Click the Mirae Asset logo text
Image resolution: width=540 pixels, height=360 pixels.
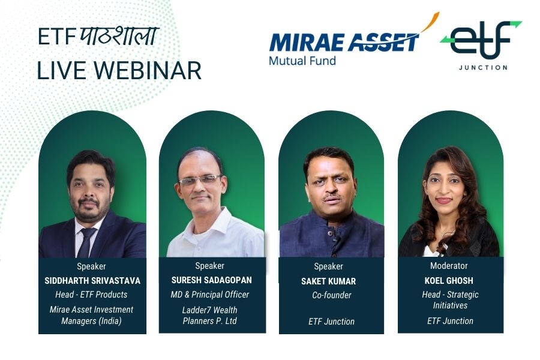point(344,43)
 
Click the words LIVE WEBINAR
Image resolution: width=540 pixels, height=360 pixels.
point(119,71)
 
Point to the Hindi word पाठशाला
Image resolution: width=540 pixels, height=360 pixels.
point(119,35)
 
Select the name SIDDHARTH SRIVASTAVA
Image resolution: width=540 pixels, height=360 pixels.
point(92,281)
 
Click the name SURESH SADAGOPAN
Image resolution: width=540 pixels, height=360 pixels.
point(211,280)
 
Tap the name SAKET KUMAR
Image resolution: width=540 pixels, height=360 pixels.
point(329,281)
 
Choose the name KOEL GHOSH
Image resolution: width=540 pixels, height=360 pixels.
point(449,281)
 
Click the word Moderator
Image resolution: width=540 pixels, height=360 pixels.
point(449,266)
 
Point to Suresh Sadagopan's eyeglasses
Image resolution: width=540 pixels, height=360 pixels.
point(200,180)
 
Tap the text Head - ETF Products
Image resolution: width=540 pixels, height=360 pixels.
point(91,295)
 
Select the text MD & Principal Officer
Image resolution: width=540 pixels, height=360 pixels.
point(210,295)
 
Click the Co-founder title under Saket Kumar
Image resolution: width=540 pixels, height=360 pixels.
point(332,295)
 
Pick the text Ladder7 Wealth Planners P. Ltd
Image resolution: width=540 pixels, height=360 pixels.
point(210,315)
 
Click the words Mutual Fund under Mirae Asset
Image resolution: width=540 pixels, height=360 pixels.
point(302,61)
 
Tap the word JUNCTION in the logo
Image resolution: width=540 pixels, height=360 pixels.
point(483,68)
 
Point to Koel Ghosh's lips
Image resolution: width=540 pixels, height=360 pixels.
point(444,200)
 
